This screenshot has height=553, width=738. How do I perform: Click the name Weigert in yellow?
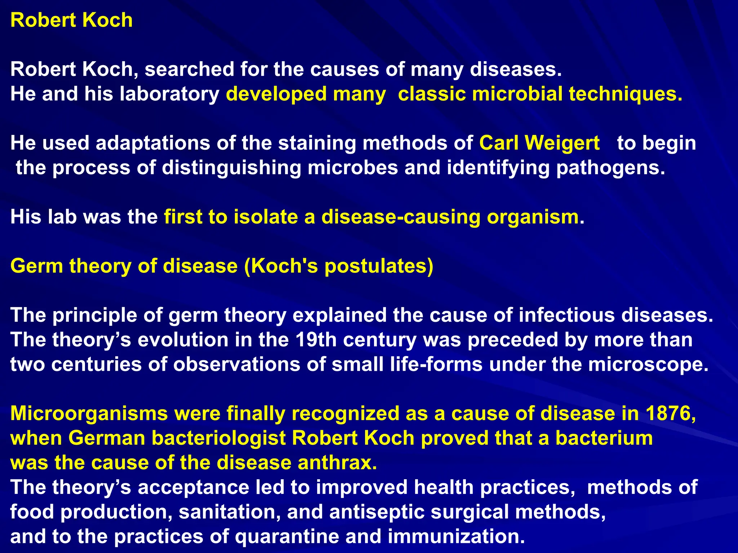pyautogui.click(x=562, y=143)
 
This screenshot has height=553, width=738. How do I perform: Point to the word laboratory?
pyautogui.click(x=169, y=94)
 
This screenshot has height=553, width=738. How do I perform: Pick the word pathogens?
pyautogui.click(x=610, y=168)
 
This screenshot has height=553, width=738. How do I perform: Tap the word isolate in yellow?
pyautogui.click(x=266, y=217)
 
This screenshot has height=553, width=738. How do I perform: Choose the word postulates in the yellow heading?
pyautogui.click(x=378, y=266)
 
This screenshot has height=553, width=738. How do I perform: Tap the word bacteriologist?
pyautogui.click(x=219, y=438)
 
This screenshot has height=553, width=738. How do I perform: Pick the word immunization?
pyautogui.click(x=456, y=536)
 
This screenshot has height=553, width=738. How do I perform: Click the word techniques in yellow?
pyautogui.click(x=625, y=94)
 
